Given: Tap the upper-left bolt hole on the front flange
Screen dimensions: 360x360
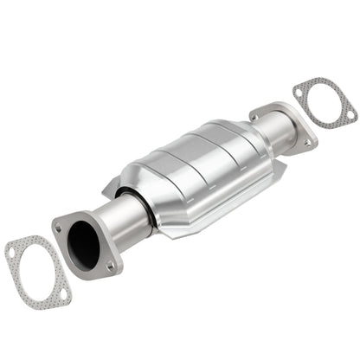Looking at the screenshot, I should point(58,228).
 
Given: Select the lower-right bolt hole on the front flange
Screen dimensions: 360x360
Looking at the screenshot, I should point(110,267).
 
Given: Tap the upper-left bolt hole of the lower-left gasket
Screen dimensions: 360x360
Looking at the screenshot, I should point(11,252).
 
